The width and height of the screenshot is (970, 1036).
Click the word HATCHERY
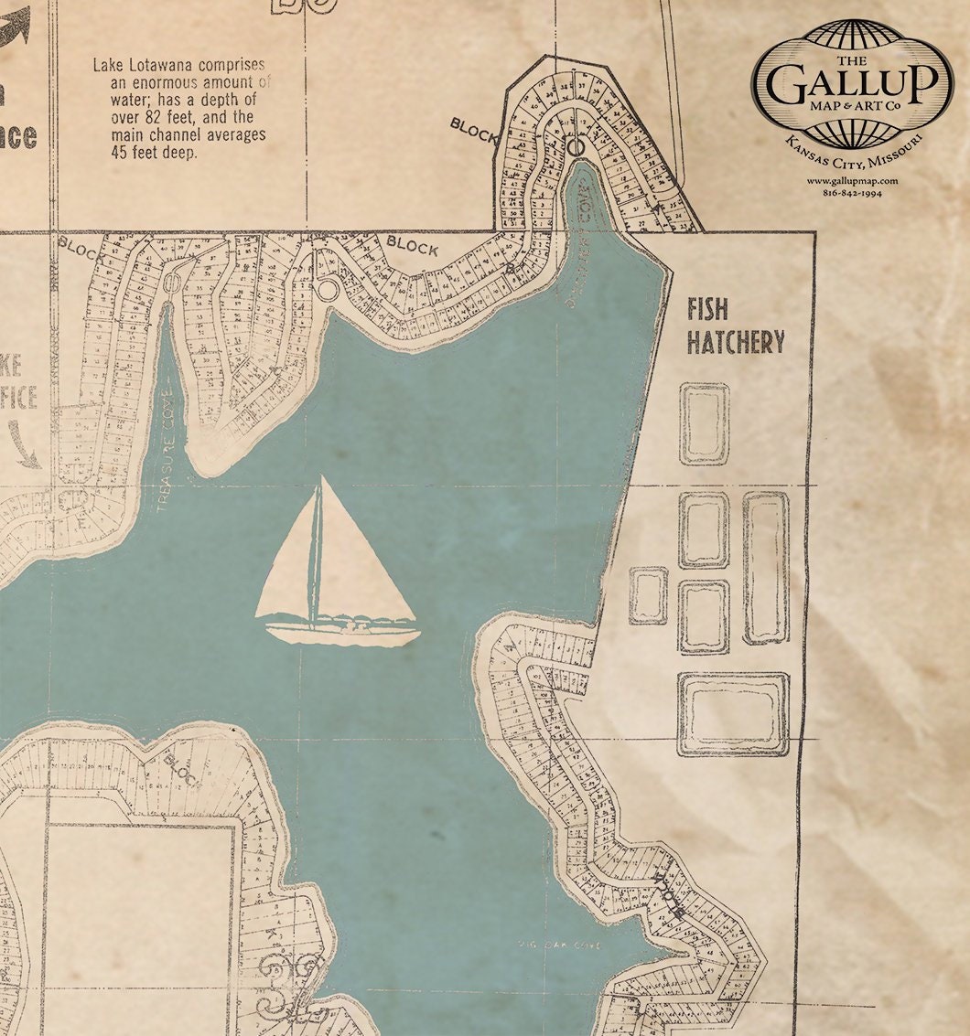click(x=736, y=342)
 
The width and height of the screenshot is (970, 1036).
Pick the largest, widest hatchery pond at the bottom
click(x=733, y=714)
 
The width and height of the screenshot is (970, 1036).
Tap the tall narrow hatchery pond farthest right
click(x=766, y=567)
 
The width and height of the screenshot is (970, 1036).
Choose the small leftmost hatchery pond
click(x=648, y=595)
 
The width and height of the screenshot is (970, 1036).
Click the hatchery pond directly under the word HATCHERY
click(x=704, y=423)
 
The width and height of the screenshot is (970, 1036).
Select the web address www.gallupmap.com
click(x=852, y=181)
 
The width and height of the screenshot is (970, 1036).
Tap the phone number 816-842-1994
click(x=852, y=193)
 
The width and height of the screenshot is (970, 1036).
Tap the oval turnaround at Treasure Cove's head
click(x=171, y=283)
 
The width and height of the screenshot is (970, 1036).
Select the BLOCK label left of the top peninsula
click(x=473, y=131)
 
